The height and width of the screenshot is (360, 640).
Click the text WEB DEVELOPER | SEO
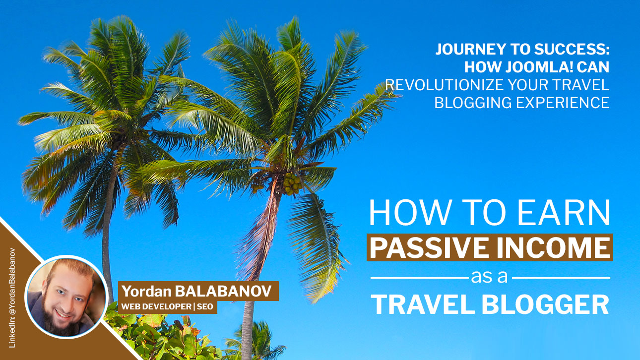click(x=167, y=307)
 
